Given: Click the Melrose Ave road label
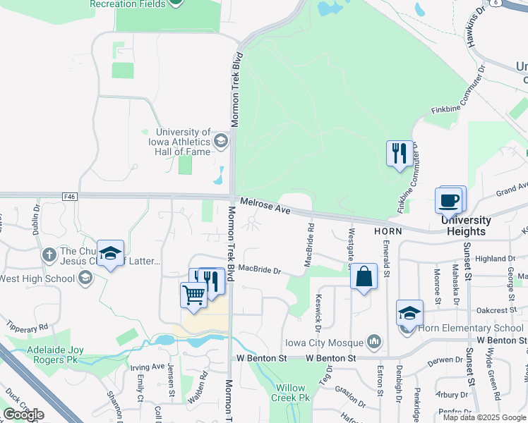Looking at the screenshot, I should coord(265,207).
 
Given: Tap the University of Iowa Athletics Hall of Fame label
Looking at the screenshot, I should coord(183,142).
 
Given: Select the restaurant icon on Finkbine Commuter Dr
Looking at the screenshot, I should coord(399,152).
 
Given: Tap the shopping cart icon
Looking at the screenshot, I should coord(193,294).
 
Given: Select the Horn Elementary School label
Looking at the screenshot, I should coord(469,328).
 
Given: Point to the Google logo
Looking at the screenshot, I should coord(23,414).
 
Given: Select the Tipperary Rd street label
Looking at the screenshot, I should coord(27,327).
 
